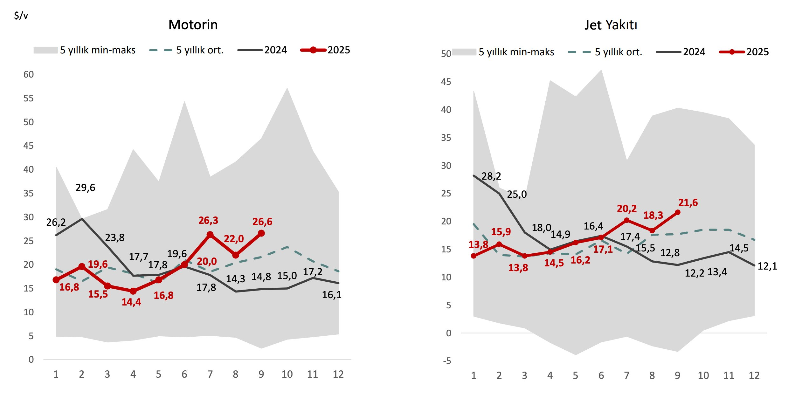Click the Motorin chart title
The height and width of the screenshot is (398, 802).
[193, 25]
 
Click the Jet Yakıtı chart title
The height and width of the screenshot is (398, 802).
[611, 25]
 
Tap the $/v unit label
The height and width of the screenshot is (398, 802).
[21, 15]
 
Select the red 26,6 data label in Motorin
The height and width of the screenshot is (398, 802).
[262, 222]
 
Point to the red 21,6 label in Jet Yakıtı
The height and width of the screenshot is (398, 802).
[688, 202]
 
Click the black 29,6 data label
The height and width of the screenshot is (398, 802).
[85, 188]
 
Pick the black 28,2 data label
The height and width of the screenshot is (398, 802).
[491, 176]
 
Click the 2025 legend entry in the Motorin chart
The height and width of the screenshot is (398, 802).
[326, 50]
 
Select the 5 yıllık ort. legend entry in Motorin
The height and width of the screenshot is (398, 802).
[187, 50]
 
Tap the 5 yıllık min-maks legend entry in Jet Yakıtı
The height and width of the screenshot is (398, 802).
[503, 52]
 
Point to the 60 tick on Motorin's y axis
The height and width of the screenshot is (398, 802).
[29, 74]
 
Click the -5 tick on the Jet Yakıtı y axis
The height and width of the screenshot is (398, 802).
[447, 361]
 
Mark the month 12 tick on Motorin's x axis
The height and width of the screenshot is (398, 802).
[338, 374]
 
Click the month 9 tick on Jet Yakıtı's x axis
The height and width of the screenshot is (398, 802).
[677, 375]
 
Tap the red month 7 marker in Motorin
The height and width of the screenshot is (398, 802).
[210, 235]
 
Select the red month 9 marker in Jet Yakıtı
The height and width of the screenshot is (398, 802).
[678, 212]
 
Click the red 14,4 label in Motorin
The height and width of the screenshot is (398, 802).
[131, 302]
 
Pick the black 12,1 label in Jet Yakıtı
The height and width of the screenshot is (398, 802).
[767, 266]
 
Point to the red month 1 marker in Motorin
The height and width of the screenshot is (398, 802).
[56, 280]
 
